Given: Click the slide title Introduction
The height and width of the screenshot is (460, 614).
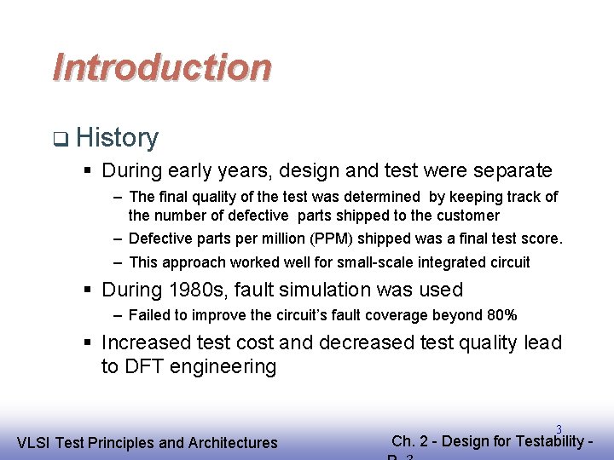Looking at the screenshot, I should (x=162, y=67).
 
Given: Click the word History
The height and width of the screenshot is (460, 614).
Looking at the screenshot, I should (x=117, y=137).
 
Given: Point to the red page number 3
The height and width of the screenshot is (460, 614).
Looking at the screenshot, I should (x=559, y=429).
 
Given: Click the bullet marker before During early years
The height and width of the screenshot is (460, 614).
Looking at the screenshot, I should (x=89, y=171).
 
